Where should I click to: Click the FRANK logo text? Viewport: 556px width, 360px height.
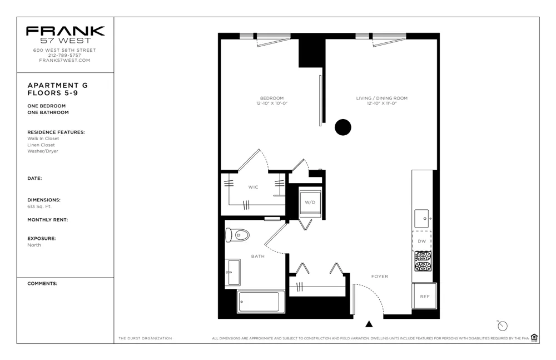pos(65,31)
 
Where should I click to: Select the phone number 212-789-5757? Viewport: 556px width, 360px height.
pos(65,55)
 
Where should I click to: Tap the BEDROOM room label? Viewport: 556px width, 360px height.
pos(271,98)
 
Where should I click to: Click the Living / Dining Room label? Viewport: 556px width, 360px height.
pos(381,98)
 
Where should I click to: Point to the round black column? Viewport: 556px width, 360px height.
pos(343,127)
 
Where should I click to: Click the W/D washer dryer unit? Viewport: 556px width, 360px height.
pos(310,202)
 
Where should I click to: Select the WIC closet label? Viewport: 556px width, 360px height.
pos(253,188)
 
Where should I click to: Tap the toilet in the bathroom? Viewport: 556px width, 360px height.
pos(237,235)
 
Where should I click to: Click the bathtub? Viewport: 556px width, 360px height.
pos(260,302)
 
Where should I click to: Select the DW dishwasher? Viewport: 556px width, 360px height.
pos(421,240)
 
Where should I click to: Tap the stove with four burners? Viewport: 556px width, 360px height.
pos(423,261)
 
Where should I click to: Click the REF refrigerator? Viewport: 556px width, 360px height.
pos(424,296)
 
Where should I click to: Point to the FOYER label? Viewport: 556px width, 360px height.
pos(380,277)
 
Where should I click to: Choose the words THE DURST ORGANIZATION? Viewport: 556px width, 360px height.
pos(145,338)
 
